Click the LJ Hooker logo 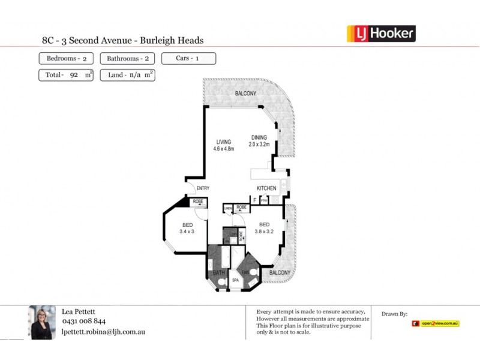coord(381,34)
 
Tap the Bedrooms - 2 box coord(66,59)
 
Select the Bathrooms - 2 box coord(127,59)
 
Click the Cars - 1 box coord(188,59)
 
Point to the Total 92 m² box coord(66,76)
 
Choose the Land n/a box coord(127,76)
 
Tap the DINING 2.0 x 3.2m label coord(259,140)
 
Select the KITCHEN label coord(266,188)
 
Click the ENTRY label coord(203,188)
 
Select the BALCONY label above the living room coord(245,94)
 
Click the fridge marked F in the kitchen coord(254,199)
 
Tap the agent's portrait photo coord(42,322)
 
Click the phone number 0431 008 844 coord(84,321)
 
